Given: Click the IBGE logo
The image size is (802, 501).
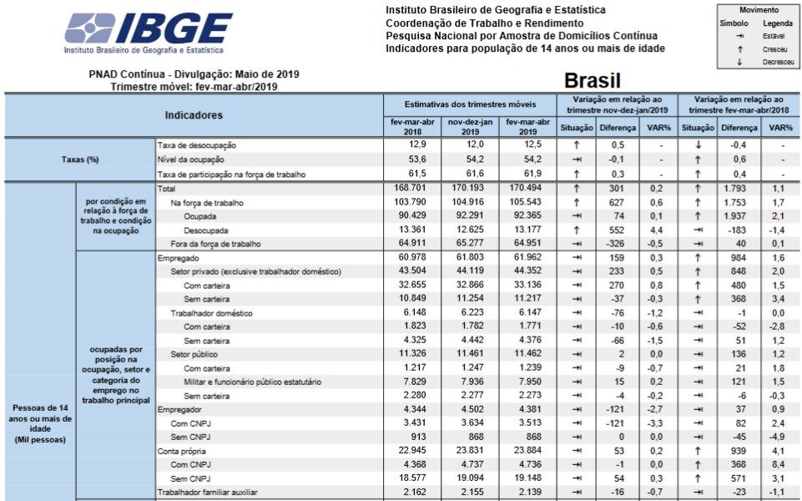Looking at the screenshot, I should [149, 32].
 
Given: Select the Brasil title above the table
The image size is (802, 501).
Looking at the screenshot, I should [593, 81].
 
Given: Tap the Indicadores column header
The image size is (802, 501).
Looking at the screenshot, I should [193, 115].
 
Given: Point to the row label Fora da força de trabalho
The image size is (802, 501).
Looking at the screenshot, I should [216, 245].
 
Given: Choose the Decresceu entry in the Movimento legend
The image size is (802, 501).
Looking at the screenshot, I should [777, 62].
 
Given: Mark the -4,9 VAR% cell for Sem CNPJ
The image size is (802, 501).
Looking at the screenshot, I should [779, 437].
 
